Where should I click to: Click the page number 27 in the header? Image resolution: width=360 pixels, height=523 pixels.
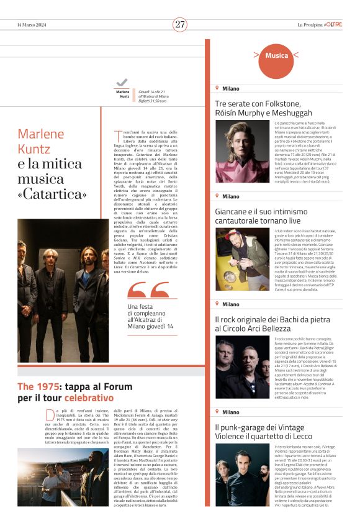[180, 24]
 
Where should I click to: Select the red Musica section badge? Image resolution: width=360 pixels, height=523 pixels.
[276, 56]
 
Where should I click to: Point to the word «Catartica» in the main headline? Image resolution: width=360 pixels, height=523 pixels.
[52, 194]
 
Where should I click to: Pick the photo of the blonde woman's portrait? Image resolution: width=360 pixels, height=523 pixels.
[241, 152]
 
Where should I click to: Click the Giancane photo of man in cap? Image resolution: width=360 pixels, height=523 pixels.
[241, 260]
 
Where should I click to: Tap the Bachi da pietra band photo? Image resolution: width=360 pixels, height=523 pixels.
[241, 366]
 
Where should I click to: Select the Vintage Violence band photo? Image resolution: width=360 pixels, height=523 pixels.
[241, 475]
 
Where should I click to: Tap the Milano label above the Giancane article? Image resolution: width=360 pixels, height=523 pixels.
[230, 196]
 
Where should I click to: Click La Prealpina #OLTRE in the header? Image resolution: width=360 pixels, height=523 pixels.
[319, 24]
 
